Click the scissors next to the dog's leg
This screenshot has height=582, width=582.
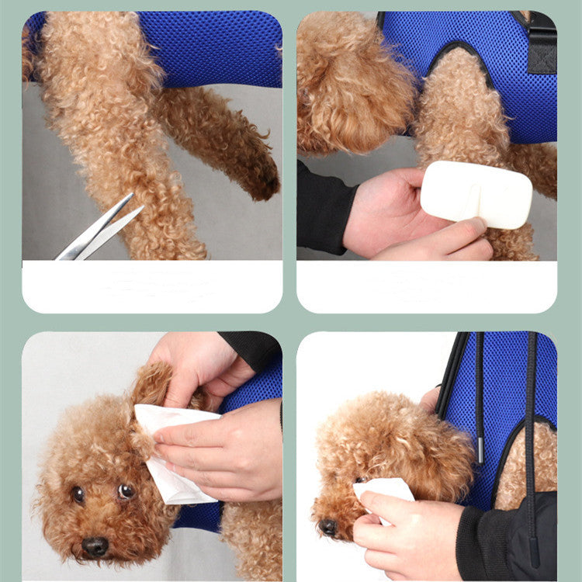click(97, 230)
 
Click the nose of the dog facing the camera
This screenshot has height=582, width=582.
click(95, 546)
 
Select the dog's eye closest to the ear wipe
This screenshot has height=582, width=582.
click(126, 490)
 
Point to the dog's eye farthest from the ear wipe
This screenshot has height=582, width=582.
click(78, 494)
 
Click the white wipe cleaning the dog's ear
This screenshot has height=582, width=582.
click(171, 450)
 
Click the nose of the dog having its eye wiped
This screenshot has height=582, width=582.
click(329, 527)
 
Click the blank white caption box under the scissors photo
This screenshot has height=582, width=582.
click(152, 286)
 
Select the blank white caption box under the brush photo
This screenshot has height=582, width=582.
click(426, 286)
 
